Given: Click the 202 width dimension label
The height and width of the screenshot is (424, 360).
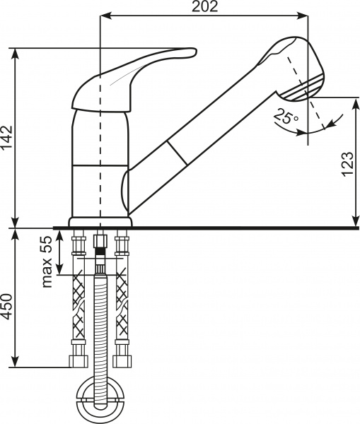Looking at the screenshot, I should tap(204, 7).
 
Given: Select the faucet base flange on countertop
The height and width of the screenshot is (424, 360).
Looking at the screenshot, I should tap(100, 223).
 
